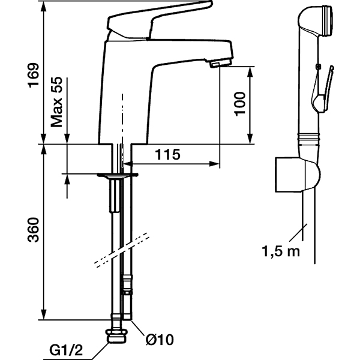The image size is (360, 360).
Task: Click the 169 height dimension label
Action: pos(34,76)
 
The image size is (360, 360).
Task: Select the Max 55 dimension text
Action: pos(56,102)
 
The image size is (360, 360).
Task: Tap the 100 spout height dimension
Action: pos(239,104)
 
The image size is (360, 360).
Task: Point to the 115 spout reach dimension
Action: pos(167,155)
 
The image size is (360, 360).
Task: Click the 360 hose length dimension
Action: pos(34,230)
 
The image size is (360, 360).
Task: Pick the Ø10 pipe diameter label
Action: pos(160,340)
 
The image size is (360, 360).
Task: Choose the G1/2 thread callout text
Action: pos(66,350)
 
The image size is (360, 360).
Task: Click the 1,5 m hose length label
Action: pos(281,251)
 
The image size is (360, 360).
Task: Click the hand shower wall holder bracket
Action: pos(298,175)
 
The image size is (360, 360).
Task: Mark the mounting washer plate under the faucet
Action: pos(118,175)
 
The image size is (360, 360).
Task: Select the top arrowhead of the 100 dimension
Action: pos(250,72)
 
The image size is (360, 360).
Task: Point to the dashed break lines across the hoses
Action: pos(121,250)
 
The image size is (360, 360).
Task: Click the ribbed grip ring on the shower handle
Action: pos(308,139)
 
